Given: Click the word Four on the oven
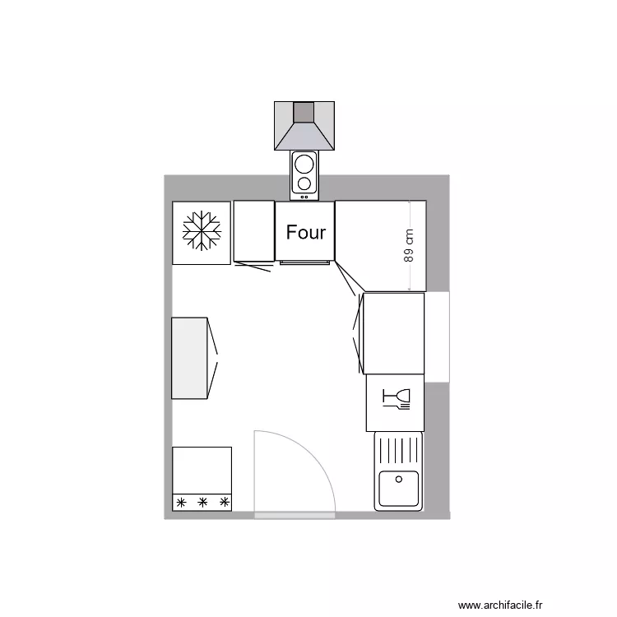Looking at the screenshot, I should [306, 233].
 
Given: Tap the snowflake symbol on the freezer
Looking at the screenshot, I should [202, 231].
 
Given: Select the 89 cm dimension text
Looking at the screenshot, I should [409, 245].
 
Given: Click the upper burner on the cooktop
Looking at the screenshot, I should [304, 162].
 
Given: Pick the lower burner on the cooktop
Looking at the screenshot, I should [304, 183].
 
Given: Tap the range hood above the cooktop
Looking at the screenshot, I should [304, 126].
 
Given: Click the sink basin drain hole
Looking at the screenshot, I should [399, 479].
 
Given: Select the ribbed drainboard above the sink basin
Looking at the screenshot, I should [398, 450].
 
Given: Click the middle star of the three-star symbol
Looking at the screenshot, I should [202, 502].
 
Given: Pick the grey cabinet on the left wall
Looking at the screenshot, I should [189, 358].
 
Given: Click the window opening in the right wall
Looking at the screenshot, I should [438, 336].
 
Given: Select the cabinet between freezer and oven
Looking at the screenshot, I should [253, 231].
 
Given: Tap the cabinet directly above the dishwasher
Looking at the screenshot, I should [393, 332].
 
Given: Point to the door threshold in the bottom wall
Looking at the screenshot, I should [295, 515].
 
